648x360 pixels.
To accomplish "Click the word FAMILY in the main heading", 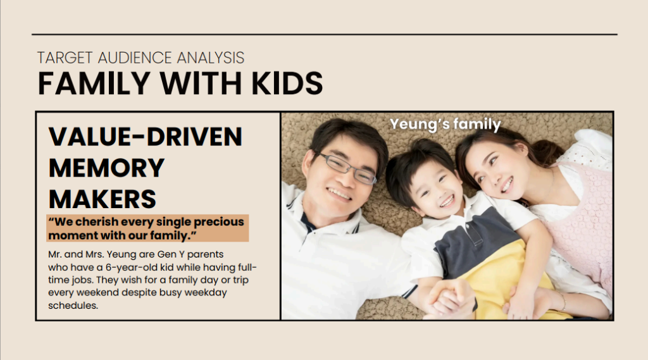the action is pyautogui.click(x=94, y=84).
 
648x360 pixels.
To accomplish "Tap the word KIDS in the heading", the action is pyautogui.click(x=287, y=84).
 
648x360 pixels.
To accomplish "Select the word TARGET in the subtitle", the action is pyautogui.click(x=65, y=58).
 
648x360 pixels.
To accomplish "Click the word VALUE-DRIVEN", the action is pyautogui.click(x=146, y=137).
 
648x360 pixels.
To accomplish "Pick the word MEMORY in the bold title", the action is pyautogui.click(x=106, y=168).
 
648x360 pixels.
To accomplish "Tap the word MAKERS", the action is pyautogui.click(x=103, y=199).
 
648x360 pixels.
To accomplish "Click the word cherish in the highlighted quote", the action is pyautogui.click(x=97, y=222).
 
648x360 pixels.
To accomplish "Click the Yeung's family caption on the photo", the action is pyautogui.click(x=445, y=124).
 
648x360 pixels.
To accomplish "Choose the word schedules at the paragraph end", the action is pyautogui.click(x=73, y=306).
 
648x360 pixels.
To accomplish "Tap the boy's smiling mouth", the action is pyautogui.click(x=447, y=201).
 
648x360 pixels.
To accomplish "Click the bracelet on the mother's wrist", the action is pyautogui.click(x=563, y=301).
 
